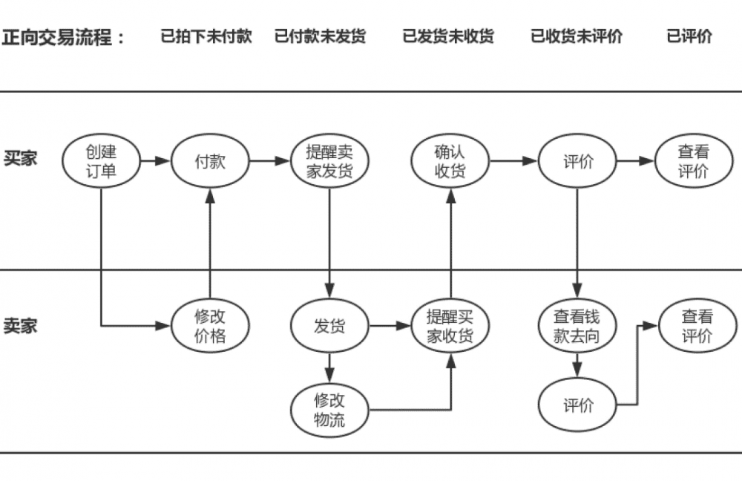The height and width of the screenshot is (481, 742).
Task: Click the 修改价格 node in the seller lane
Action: [210, 326]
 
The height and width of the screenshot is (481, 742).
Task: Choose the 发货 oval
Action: [329, 326]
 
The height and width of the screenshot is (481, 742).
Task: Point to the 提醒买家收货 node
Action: [450, 326]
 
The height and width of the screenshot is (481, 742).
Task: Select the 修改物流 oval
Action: [329, 410]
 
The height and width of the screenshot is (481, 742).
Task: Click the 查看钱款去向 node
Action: [577, 326]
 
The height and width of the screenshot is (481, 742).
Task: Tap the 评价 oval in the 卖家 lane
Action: [578, 405]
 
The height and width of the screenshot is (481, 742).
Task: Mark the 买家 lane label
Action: [21, 159]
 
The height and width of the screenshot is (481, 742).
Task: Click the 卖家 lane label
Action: [21, 326]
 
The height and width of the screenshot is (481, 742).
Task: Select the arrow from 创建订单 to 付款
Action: [155, 161]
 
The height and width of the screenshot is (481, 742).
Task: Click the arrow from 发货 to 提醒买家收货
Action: [391, 325]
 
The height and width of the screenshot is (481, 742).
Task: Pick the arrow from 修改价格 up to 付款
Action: [210, 245]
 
